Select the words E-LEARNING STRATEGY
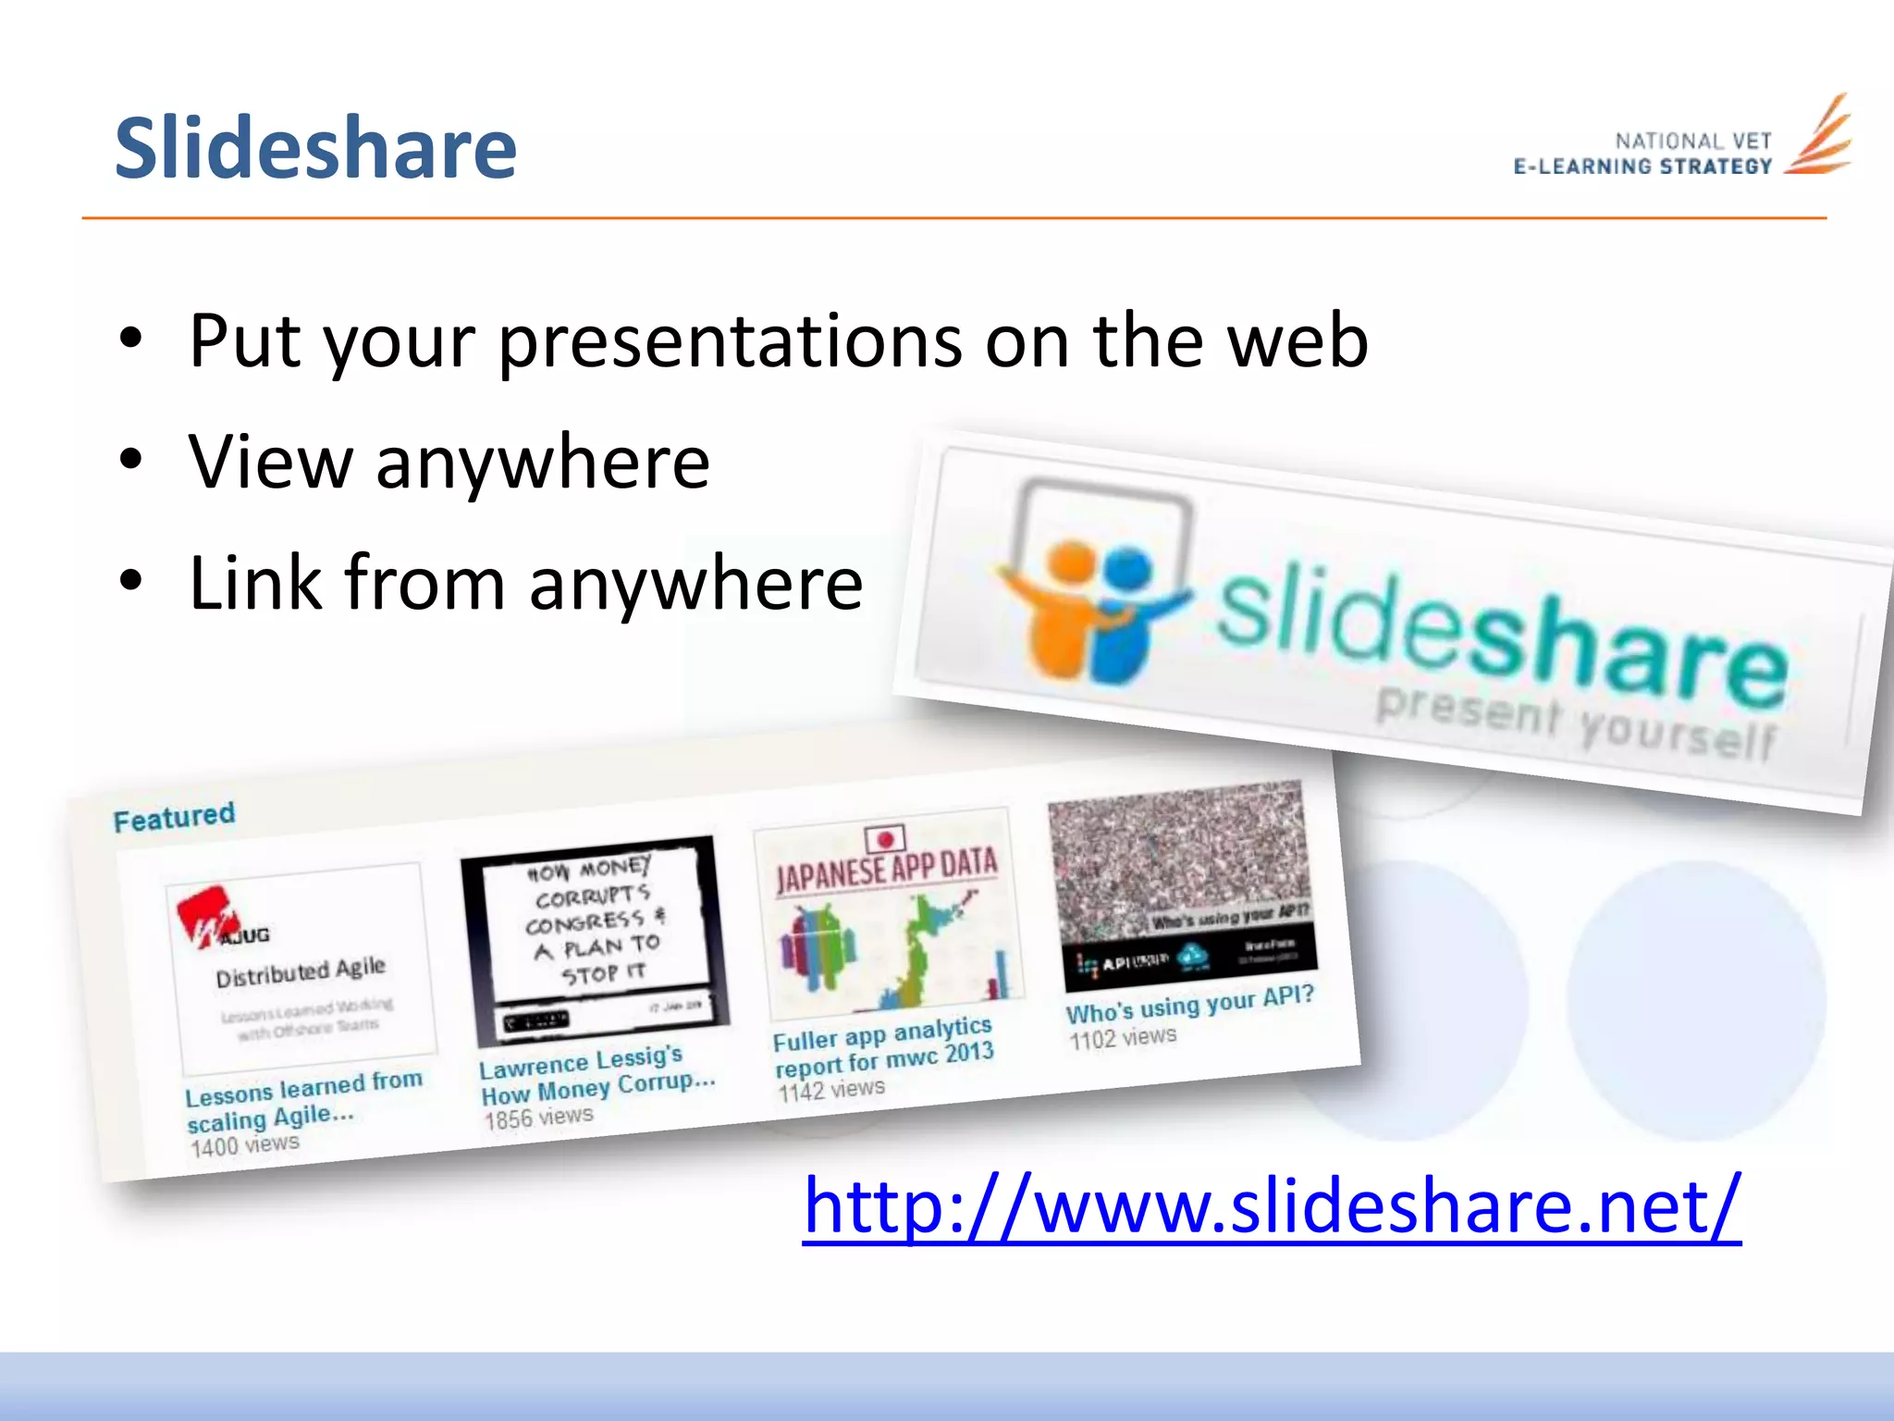tap(1642, 167)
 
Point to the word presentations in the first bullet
tap(730, 342)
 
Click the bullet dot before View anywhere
tap(131, 460)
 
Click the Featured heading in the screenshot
tap(174, 817)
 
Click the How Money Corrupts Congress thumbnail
tap(596, 939)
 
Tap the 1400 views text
tap(244, 1146)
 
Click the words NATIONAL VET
tap(1692, 142)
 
